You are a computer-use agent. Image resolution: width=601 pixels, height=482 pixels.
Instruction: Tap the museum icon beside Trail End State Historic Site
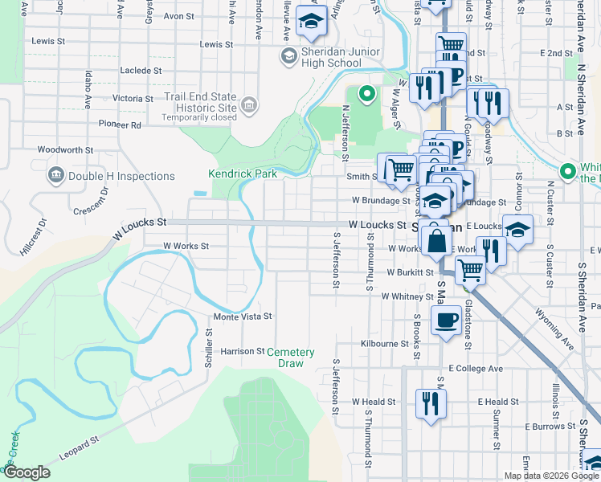pyautogui.click(x=249, y=104)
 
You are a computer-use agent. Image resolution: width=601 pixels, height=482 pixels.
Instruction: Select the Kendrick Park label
pyautogui.click(x=242, y=173)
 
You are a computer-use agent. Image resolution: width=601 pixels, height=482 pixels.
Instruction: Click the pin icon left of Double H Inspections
pyautogui.click(x=56, y=175)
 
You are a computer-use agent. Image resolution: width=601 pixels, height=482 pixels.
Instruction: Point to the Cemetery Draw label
pyautogui.click(x=290, y=357)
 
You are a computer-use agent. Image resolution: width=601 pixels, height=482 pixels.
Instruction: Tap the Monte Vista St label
pyautogui.click(x=242, y=317)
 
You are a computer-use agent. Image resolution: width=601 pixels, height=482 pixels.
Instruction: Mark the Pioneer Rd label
pyautogui.click(x=119, y=125)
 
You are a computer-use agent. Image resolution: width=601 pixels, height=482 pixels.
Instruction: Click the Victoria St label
pyautogui.click(x=133, y=98)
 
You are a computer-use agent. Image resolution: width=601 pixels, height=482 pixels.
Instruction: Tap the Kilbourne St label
pyautogui.click(x=385, y=343)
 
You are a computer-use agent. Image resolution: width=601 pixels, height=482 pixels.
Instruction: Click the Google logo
pyautogui.click(x=27, y=472)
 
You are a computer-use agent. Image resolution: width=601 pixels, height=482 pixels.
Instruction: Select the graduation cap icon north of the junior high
pyautogui.click(x=310, y=21)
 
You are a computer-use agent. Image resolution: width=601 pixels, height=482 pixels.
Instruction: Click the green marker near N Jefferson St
pyautogui.click(x=367, y=95)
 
